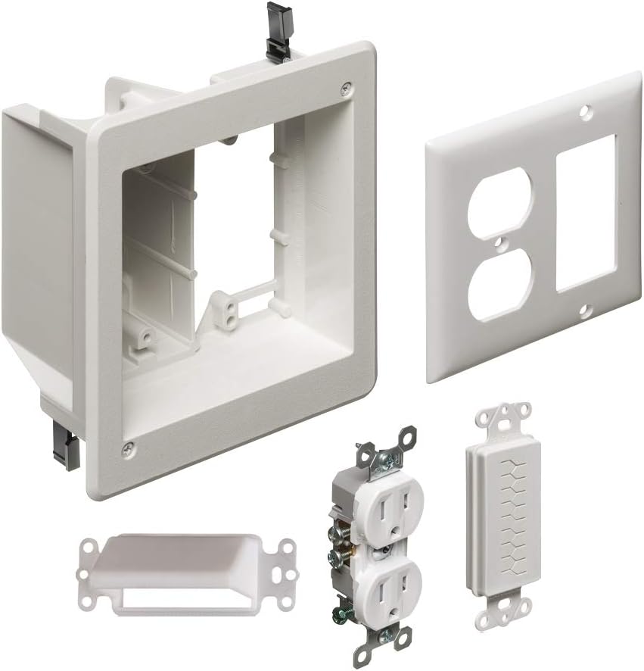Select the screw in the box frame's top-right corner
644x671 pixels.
tap(346, 88)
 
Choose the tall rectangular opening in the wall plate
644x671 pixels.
tap(586, 214)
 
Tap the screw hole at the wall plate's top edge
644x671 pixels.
tap(583, 112)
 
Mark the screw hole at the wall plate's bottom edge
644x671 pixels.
tap(583, 311)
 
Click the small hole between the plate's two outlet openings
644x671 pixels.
tap(499, 244)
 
